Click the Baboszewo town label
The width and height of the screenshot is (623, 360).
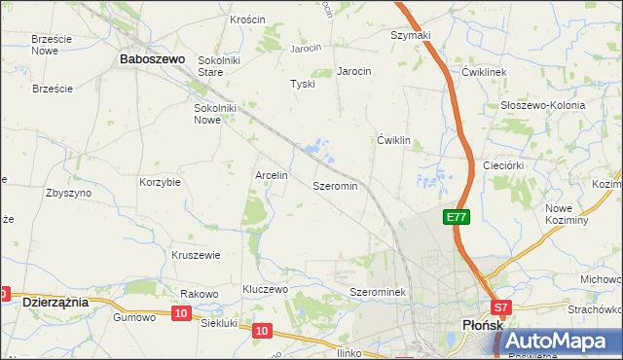pos(152,59)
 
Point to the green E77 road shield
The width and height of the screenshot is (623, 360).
pos(458,218)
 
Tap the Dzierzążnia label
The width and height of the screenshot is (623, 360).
pos(55,303)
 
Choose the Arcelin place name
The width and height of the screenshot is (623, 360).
pos(272,176)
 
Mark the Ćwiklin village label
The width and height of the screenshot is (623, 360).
pos(394,141)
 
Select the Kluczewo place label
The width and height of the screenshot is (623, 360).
pos(266,290)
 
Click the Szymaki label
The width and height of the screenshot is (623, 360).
pos(410,35)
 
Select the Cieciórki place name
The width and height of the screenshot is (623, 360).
pos(504,165)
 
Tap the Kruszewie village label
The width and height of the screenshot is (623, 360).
pos(196,255)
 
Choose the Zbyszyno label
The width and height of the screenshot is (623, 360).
pos(68,193)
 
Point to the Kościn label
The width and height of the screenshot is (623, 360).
pos(247,18)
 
